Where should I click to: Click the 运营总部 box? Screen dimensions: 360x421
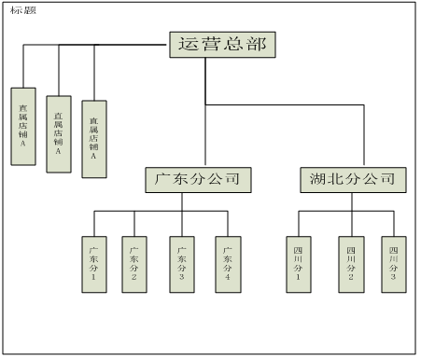pos(222,44)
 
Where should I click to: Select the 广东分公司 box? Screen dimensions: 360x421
pos(199,179)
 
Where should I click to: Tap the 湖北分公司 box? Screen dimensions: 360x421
pos(353,179)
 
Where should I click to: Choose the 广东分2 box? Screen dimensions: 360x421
pos(134,263)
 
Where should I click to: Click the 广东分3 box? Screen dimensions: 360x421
pos(182,263)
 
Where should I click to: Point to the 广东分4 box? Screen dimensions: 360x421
pos(227,263)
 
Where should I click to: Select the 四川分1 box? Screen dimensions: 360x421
pos(298,263)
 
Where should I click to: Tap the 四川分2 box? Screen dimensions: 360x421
pos(351,263)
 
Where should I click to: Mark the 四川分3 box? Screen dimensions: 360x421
pos(394,263)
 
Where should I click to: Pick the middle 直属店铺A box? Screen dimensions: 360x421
pos(58,134)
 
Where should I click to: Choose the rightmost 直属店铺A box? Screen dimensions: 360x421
pos(93,138)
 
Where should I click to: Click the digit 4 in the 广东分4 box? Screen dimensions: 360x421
pos(227,277)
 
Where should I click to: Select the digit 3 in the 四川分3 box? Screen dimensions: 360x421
pos(394,277)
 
